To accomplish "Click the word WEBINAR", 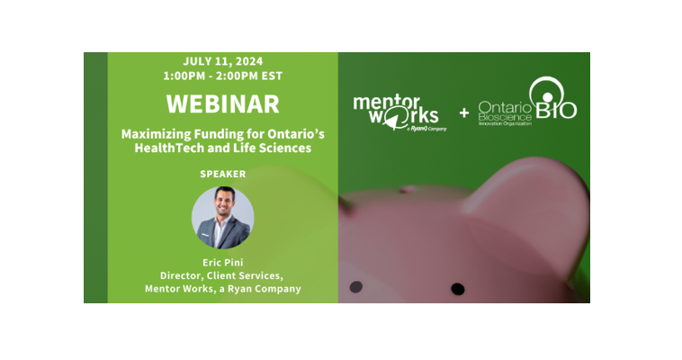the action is [223, 104].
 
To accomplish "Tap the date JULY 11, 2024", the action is [223, 61].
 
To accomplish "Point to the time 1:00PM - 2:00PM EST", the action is [223, 76].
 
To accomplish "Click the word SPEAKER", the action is [223, 174].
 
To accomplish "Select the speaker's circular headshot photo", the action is [223, 218].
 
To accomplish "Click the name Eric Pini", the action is [223, 263].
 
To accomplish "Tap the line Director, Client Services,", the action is [222, 275].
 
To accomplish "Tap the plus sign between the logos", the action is [464, 113].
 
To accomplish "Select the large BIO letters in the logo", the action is [556, 110].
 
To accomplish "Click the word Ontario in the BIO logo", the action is [505, 107].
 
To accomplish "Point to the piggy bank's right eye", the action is [458, 289].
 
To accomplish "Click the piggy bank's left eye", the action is [355, 287].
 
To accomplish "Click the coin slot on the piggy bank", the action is [408, 189].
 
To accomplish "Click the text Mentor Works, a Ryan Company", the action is [223, 289].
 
